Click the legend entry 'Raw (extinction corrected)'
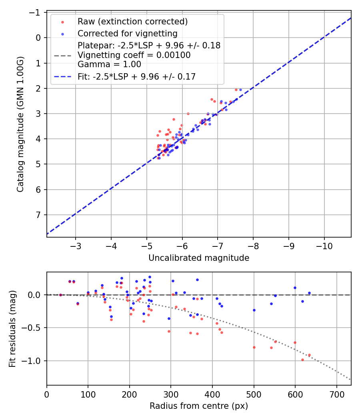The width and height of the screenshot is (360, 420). (x=132, y=21)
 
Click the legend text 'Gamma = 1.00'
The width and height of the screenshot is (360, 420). (x=109, y=64)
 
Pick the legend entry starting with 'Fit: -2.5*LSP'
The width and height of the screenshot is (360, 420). (x=136, y=76)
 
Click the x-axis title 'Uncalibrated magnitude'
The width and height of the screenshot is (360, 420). (x=199, y=258)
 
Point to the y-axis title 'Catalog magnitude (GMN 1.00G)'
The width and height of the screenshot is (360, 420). (x=20, y=124)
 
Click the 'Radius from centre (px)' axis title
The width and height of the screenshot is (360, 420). (x=199, y=406)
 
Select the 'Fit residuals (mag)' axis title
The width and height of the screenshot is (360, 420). (x=12, y=329)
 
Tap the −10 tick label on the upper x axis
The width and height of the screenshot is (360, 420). (x=324, y=246)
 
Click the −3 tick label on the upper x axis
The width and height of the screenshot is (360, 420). (x=76, y=246)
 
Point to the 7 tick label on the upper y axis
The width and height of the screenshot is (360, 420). (x=38, y=215)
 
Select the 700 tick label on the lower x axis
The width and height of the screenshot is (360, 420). (x=336, y=394)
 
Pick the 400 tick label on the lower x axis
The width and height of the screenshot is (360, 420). (x=212, y=394)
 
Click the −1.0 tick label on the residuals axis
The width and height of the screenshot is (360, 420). (x=33, y=361)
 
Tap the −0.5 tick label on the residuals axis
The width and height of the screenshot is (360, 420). (x=33, y=328)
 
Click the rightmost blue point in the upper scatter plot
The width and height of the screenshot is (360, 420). (x=240, y=90)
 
